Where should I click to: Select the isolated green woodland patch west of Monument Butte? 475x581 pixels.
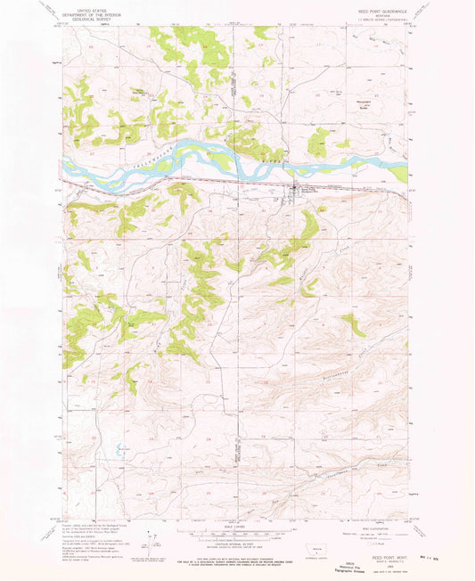318,141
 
